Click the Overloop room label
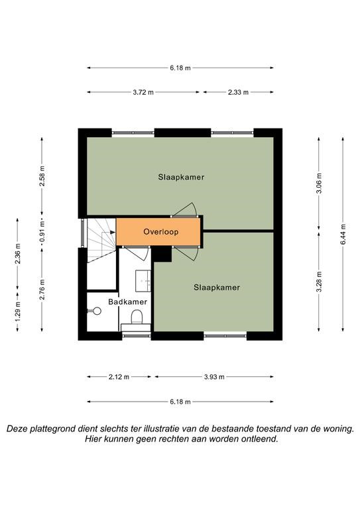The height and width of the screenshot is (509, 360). [160, 232]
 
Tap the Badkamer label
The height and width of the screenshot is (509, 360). [127, 302]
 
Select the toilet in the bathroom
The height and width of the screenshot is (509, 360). [137, 317]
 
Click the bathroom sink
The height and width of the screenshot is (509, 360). [143, 280]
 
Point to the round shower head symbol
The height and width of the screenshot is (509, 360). [97, 311]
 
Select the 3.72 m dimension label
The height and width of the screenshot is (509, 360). [143, 92]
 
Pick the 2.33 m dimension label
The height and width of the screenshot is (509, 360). [238, 92]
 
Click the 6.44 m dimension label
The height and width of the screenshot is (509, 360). [343, 234]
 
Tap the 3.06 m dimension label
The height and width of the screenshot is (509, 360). [319, 183]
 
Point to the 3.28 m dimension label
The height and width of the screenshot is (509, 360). [319, 282]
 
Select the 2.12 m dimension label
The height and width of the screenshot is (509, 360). [119, 377]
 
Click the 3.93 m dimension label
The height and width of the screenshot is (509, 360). [214, 377]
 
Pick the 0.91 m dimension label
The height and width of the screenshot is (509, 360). [42, 232]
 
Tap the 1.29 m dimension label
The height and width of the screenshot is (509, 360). [18, 311]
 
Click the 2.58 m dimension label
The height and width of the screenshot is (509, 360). [42, 176]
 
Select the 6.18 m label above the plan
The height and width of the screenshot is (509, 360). [180, 68]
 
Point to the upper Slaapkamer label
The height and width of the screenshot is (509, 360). [181, 177]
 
